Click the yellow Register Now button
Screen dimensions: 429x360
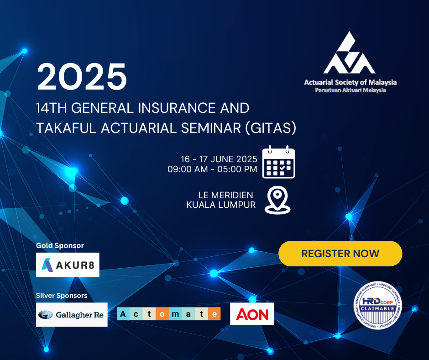point(340,254)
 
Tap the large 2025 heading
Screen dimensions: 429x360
point(82,76)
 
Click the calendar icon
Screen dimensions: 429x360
point(278,162)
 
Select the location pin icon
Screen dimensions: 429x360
point(277,200)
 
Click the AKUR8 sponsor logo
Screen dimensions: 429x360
point(68,265)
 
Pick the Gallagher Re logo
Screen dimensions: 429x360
point(72,314)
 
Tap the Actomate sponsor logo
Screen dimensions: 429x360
point(169,314)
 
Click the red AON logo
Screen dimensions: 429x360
point(252,314)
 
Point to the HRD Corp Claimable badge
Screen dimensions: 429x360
point(377,305)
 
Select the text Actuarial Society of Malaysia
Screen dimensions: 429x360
point(351,82)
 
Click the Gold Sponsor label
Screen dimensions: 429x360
point(60,245)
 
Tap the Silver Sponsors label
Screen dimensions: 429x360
point(62,295)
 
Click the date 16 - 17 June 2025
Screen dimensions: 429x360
point(219,159)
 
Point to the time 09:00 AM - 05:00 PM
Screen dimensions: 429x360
point(212,169)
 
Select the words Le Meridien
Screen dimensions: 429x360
point(226,195)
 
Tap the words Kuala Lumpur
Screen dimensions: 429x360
point(221,205)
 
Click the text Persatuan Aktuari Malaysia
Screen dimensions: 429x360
point(351,90)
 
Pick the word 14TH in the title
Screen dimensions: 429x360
point(52,108)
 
